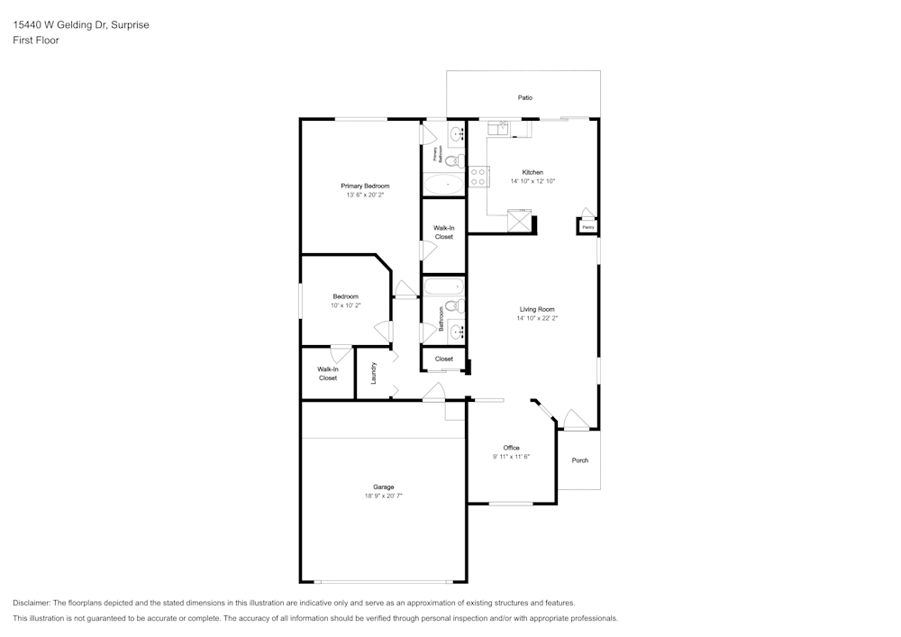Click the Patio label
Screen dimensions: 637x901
(524, 97)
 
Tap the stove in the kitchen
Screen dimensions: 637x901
(478, 177)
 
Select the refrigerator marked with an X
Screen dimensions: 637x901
(518, 221)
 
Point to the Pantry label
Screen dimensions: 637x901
(587, 227)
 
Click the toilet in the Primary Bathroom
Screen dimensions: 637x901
(454, 161)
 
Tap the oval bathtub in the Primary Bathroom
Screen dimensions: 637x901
(444, 185)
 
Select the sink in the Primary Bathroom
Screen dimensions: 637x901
(457, 134)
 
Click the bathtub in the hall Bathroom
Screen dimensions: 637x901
(443, 287)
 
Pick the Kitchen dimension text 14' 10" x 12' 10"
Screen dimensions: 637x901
(532, 181)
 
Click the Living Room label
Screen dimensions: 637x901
(537, 309)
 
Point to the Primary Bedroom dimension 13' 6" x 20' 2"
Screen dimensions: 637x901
(365, 195)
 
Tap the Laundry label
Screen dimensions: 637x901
(372, 372)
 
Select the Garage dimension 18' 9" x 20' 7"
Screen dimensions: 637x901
(384, 496)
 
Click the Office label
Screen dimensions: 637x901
(511, 448)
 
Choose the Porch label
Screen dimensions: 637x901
(580, 460)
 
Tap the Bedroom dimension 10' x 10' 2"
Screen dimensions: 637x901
(345, 305)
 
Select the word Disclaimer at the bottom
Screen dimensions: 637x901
(31, 603)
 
